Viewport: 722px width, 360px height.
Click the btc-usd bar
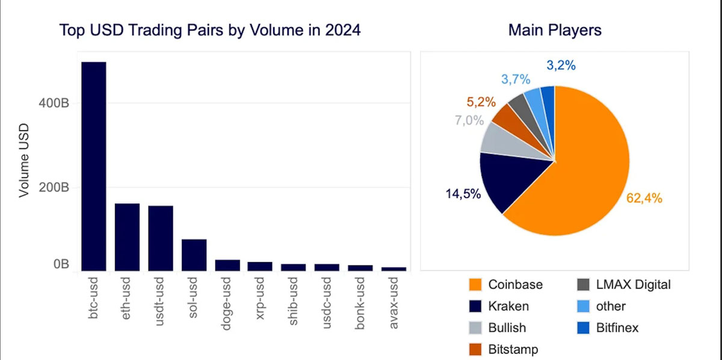(93, 166)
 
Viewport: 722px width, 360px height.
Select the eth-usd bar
(127, 237)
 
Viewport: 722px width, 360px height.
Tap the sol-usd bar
(194, 255)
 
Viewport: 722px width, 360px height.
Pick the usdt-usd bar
(161, 238)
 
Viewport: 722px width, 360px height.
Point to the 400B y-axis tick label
(54, 103)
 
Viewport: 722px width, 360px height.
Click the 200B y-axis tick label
(54, 187)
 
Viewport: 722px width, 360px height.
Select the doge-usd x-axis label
(227, 303)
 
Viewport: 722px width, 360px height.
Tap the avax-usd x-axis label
(394, 303)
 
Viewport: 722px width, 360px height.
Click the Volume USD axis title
(24, 160)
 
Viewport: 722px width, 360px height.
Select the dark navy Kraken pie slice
(506, 181)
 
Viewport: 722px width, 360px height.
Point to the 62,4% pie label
(644, 198)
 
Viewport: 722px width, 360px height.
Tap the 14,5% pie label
(463, 194)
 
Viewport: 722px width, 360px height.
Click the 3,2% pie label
(561, 66)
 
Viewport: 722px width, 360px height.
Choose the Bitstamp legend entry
(504, 349)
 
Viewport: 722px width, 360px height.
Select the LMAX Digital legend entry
(624, 285)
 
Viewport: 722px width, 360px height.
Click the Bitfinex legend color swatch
(583, 327)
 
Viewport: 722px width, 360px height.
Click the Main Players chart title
(555, 30)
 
